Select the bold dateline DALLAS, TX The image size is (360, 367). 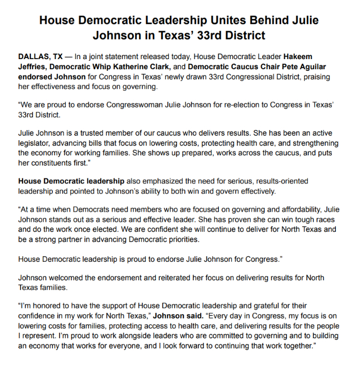(x=40, y=57)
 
